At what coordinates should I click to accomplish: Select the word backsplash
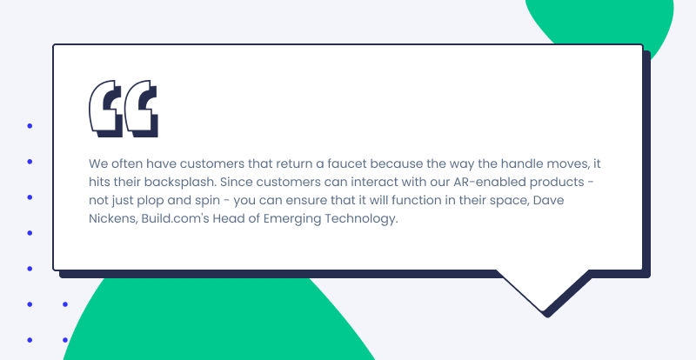183,182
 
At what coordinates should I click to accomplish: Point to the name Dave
548,200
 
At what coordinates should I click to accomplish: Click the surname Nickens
113,219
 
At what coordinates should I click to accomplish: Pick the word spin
207,201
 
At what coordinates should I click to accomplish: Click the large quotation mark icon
124,109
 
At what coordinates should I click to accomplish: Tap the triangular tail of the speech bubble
545,289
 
